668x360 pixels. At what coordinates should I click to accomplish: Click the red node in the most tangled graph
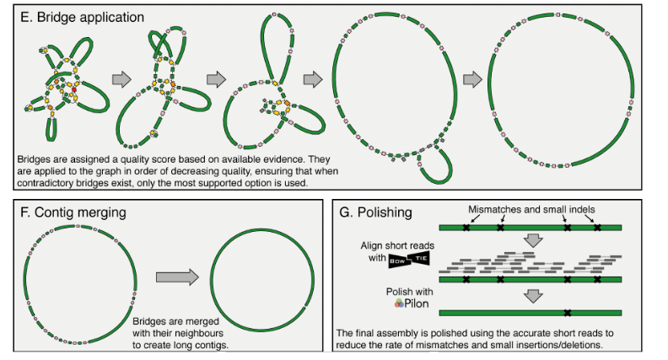point(73,87)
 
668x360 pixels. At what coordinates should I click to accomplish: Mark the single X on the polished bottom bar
point(568,312)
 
